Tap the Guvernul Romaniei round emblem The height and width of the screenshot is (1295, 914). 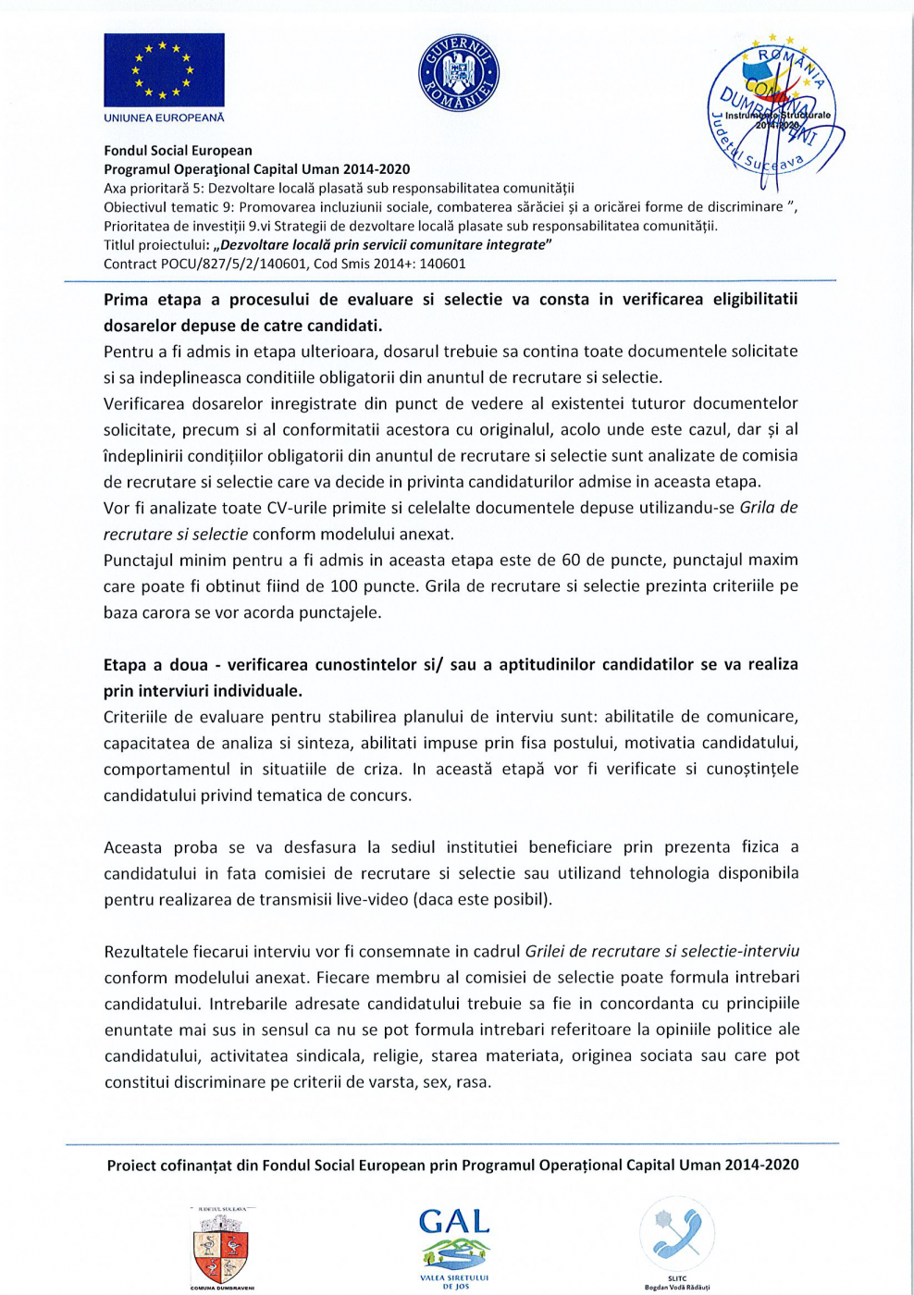pos(458,73)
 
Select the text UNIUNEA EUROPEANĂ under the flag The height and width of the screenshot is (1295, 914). pos(164,117)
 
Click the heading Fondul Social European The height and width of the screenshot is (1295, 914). pos(178,151)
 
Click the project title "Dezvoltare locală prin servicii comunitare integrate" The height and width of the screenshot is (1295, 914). pos(382,245)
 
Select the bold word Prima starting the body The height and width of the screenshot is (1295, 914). pos(126,300)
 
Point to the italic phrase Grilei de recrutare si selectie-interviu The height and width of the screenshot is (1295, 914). pos(662,951)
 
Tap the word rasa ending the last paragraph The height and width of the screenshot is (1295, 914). pos(471,1081)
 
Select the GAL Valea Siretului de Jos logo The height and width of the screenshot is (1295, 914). pos(454,1244)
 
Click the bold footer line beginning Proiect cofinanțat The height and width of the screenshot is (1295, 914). pos(452,1165)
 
